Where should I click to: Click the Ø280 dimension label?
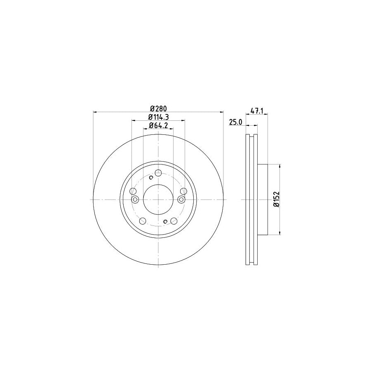tap(158, 108)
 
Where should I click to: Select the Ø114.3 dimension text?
tap(158, 117)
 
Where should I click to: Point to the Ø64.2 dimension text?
tap(158, 126)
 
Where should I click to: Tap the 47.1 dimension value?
tap(257, 111)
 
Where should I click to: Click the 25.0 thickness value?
tap(235, 122)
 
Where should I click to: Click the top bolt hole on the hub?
tap(158, 173)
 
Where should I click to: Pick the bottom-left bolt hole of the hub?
tap(142, 221)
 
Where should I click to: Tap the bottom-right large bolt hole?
tap(175, 221)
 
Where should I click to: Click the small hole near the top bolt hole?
tap(151, 178)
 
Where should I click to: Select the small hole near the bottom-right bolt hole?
tap(165, 222)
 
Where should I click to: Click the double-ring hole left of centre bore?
tap(135, 200)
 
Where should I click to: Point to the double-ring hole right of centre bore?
tap(181, 200)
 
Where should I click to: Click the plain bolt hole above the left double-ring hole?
tap(133, 191)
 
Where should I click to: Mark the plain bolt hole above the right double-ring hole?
tap(184, 191)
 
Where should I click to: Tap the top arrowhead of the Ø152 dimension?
tap(280, 166)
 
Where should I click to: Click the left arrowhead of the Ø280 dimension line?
tap(96, 112)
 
